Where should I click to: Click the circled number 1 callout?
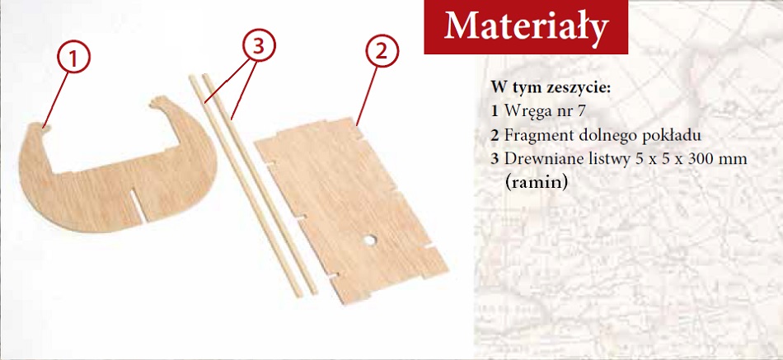[x=73, y=58]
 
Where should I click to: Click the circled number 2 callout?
[x=382, y=51]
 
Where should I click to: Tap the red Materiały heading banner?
[x=526, y=27]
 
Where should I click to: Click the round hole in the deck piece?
[x=369, y=241]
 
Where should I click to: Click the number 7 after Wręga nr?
[x=579, y=111]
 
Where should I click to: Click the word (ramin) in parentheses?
[x=537, y=182]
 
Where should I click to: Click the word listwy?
[x=603, y=160]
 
